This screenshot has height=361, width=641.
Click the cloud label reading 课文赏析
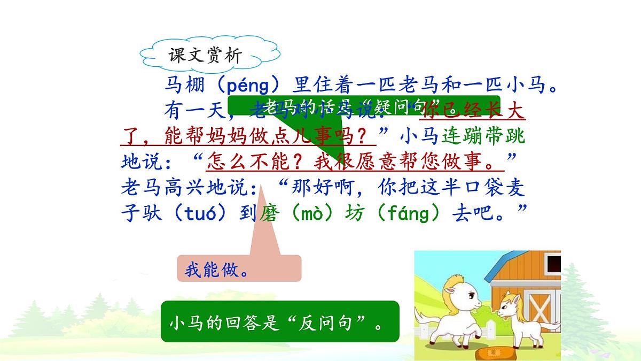[x=206, y=56]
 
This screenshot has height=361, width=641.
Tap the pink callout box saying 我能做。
[x=239, y=269]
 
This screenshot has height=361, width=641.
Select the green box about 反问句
[x=280, y=322]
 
